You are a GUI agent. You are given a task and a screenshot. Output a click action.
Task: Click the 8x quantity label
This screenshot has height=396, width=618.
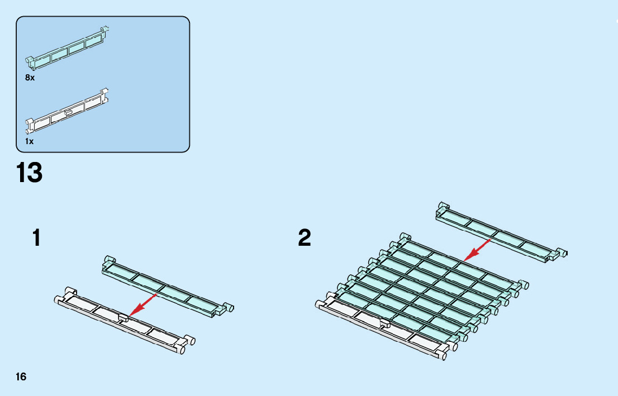click(x=30, y=78)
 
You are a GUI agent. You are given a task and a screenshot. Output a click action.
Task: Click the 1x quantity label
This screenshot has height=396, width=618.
click(x=30, y=141)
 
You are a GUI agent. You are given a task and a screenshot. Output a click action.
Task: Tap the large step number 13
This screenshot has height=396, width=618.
click(x=30, y=173)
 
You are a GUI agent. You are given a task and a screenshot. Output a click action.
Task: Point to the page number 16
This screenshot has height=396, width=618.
click(x=21, y=377)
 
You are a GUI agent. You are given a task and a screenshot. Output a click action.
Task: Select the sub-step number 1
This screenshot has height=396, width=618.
click(x=37, y=238)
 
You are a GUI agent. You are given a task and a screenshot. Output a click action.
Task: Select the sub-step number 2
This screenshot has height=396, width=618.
click(x=305, y=238)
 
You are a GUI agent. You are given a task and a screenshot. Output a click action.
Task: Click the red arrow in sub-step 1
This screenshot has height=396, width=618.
click(x=142, y=304)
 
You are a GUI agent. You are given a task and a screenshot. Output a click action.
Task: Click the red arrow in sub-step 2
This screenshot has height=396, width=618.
click(x=478, y=249)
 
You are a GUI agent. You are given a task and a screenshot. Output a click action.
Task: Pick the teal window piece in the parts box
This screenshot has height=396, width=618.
click(x=67, y=48)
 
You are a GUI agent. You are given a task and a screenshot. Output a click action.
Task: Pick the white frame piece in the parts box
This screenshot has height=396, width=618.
click(x=67, y=112)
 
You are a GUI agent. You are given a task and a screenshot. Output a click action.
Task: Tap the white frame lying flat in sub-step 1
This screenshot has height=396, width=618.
click(x=120, y=322)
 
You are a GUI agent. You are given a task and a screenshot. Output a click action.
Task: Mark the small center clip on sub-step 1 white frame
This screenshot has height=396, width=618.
click(x=123, y=318)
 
